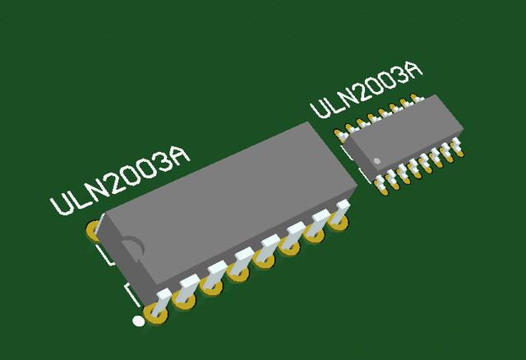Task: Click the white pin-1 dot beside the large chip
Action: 139,321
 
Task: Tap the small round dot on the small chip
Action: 377,161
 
